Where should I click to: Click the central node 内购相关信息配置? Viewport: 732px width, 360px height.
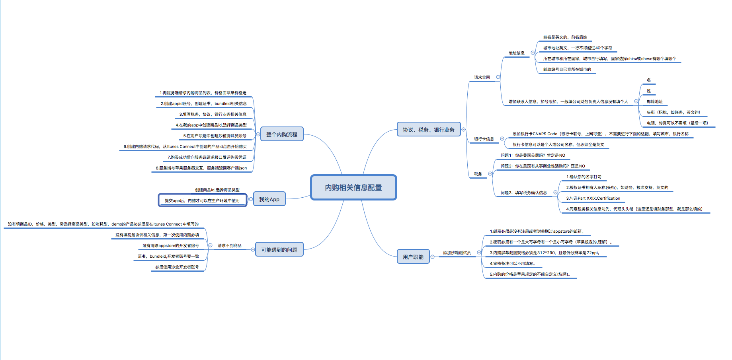pyautogui.click(x=353, y=187)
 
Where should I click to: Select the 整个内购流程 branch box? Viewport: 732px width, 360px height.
pyautogui.click(x=281, y=134)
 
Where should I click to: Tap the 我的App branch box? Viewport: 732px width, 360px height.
pyautogui.click(x=269, y=199)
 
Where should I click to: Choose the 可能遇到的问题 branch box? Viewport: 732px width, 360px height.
pyautogui.click(x=279, y=250)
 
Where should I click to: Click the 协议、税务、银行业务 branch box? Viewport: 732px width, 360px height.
pyautogui.click(x=428, y=130)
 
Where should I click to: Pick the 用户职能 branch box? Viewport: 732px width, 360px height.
pyautogui.click(x=413, y=257)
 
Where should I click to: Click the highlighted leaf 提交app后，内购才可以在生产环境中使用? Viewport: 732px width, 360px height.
pyautogui.click(x=202, y=200)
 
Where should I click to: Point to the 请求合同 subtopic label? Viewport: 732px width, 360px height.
pyautogui.click(x=482, y=78)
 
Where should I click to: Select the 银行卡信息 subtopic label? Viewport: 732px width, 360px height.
pyautogui.click(x=484, y=139)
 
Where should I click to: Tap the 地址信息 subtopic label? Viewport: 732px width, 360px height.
pyautogui.click(x=516, y=53)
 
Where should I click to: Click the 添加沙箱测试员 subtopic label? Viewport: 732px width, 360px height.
pyautogui.click(x=457, y=253)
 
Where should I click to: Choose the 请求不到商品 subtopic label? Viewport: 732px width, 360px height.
pyautogui.click(x=229, y=246)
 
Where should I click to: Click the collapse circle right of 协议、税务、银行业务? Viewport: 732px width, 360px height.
pyautogui.click(x=463, y=130)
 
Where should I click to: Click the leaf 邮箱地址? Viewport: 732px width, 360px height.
pyautogui.click(x=654, y=102)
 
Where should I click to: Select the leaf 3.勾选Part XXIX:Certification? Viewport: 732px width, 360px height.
pyautogui.click(x=593, y=198)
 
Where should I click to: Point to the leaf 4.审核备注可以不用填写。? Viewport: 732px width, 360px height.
pyautogui.click(x=513, y=264)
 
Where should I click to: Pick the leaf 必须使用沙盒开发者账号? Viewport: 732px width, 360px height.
pyautogui.click(x=177, y=267)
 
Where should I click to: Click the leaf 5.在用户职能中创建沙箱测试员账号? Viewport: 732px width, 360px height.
pyautogui.click(x=215, y=136)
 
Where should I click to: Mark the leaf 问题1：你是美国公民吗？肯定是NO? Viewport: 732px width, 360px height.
pyautogui.click(x=533, y=156)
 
